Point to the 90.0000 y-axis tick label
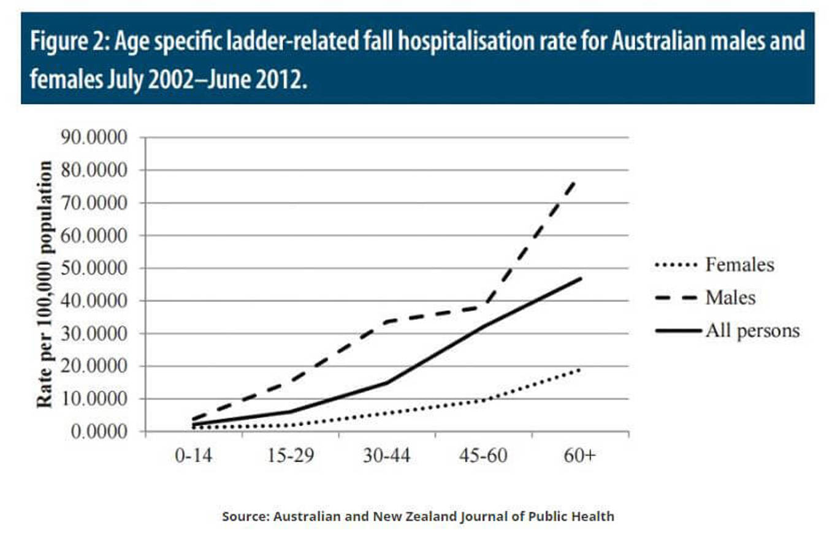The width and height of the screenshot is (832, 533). click(93, 137)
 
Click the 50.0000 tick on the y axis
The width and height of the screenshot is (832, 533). click(93, 268)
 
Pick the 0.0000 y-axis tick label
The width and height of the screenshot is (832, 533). click(97, 431)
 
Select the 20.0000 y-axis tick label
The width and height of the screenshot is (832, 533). click(93, 366)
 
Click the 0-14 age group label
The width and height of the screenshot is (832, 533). click(194, 457)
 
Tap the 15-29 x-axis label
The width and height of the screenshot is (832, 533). click(289, 457)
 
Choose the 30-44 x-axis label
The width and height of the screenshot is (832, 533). click(386, 457)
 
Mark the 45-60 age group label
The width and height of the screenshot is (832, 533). click(483, 457)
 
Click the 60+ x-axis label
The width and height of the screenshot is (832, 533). click(580, 457)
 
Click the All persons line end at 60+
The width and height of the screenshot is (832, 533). click(580, 278)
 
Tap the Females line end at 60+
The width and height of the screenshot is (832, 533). click(580, 369)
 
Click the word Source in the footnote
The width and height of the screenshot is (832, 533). click(243, 516)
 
